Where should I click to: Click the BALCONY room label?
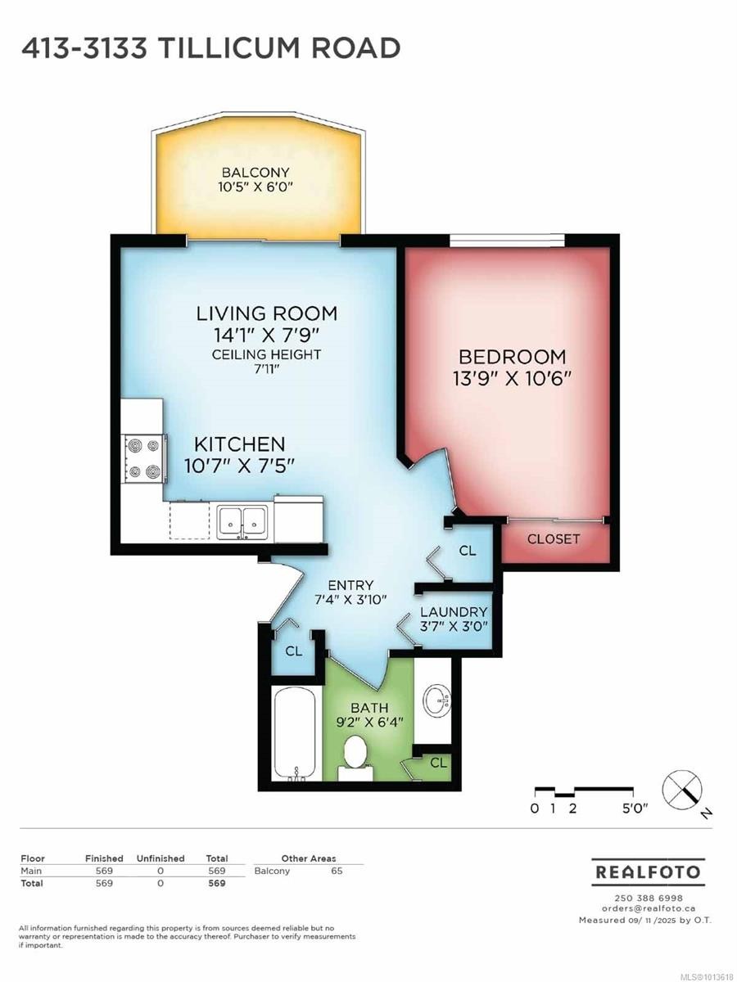[255, 172]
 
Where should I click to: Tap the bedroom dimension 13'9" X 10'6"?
[513, 380]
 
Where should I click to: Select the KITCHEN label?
[239, 444]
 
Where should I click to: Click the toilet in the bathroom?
[355, 758]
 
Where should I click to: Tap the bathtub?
[296, 739]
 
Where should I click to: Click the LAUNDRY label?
[454, 612]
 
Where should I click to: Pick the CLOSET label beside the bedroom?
[553, 539]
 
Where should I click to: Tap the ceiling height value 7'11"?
[266, 369]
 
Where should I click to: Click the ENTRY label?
[350, 585]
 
